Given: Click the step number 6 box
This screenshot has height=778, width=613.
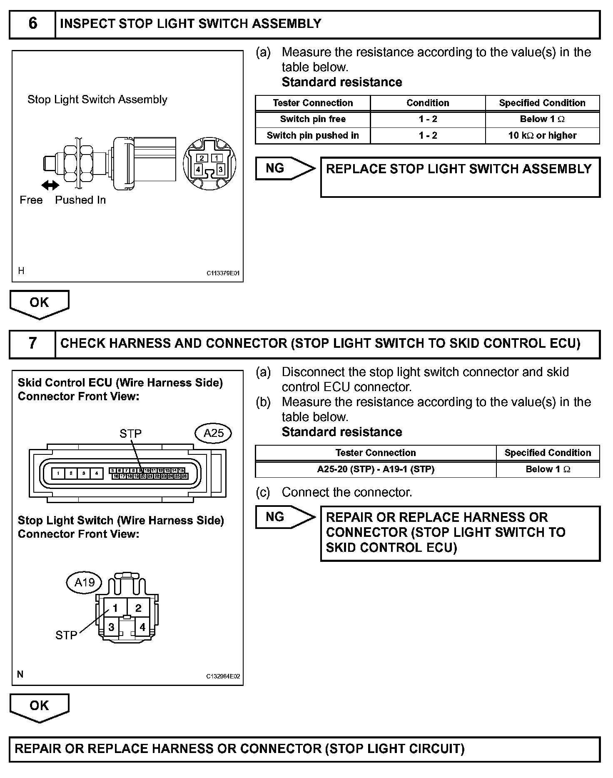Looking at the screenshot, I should (32, 24).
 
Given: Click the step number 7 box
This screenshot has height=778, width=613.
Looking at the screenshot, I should (32, 344).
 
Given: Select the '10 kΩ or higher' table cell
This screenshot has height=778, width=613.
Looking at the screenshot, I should (542, 136).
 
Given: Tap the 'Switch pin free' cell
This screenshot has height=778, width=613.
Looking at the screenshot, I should (313, 119).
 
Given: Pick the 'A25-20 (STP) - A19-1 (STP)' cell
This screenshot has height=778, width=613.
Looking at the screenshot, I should (376, 469).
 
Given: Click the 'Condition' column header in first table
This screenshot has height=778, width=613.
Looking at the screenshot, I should (428, 103).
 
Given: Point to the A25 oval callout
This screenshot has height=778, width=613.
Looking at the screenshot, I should (213, 434).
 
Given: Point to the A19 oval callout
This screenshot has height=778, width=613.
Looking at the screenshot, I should (84, 582).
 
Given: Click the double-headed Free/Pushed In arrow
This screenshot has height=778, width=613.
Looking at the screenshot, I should (50, 185).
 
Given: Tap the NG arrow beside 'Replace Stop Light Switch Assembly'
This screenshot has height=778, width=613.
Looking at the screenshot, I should (285, 168).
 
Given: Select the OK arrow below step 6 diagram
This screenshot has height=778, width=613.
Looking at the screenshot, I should (39, 304).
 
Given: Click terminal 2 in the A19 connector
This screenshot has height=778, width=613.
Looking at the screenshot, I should (139, 608).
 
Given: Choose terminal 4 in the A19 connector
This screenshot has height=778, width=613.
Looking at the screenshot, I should (142, 627).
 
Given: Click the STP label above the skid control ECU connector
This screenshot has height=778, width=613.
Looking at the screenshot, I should (130, 434).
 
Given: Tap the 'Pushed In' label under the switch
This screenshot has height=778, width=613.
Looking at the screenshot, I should (80, 200).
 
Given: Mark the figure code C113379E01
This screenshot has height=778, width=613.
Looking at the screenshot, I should (223, 274).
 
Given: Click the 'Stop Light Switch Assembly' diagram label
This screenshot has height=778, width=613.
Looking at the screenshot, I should (97, 100).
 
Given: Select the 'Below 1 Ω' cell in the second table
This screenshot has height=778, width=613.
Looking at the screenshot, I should (548, 469).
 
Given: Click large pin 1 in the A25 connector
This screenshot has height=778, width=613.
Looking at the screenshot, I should (58, 474).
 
